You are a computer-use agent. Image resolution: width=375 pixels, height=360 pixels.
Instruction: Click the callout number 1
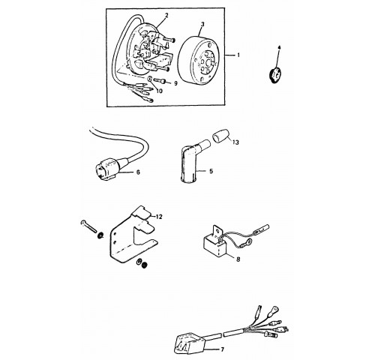(238, 55)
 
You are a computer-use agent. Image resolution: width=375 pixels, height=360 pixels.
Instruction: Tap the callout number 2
(166, 15)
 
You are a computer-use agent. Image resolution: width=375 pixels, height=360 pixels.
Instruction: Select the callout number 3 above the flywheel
(202, 24)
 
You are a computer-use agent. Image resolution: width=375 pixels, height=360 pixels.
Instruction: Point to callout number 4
(280, 47)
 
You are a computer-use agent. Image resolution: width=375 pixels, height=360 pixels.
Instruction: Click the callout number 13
(235, 142)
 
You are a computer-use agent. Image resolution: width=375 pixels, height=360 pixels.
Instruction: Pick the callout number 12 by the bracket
(159, 217)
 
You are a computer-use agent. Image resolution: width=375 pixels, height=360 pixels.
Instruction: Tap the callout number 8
(238, 259)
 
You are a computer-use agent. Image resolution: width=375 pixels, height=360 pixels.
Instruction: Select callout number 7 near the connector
(223, 349)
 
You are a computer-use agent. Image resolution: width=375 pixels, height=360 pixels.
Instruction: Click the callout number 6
(138, 172)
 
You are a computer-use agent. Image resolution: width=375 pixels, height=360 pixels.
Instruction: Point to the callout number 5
(211, 171)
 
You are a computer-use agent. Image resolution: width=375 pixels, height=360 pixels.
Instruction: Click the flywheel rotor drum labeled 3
(198, 61)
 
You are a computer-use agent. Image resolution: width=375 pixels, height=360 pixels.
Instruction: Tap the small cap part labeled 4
(274, 73)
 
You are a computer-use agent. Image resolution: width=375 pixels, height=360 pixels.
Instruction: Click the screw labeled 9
(160, 80)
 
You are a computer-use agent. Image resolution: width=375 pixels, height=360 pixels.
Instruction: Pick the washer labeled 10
(150, 79)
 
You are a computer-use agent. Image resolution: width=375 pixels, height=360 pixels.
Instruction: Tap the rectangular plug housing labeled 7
(190, 342)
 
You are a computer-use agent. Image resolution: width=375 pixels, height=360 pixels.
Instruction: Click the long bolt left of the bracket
(89, 226)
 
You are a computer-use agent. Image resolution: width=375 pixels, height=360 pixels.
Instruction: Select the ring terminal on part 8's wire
(248, 241)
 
